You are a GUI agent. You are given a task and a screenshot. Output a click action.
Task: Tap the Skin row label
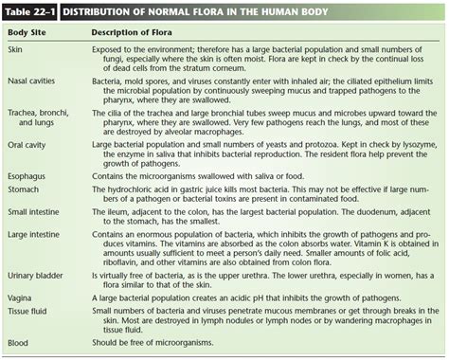coord(16,48)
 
